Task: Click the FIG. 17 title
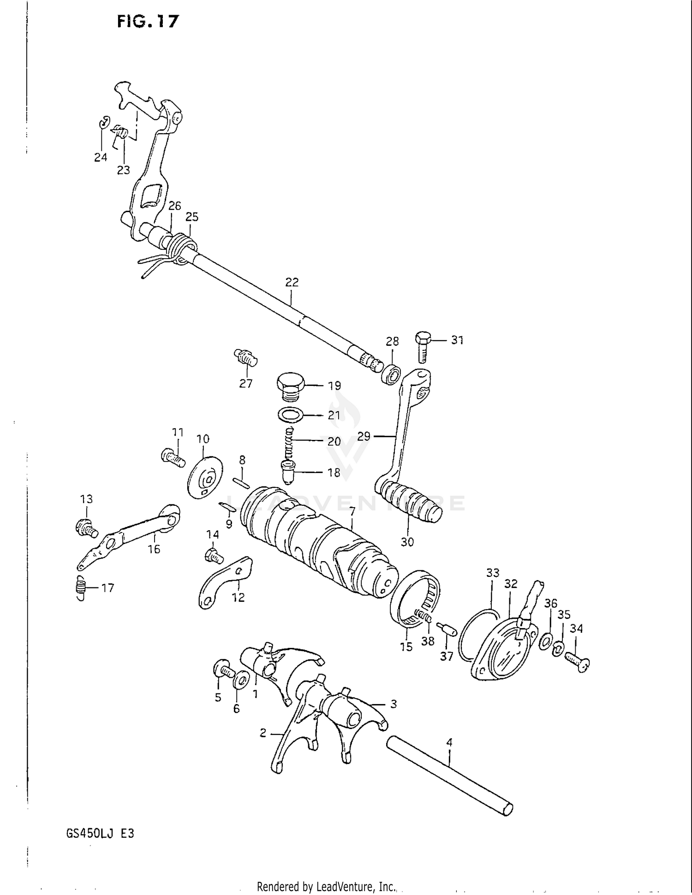[x=147, y=21]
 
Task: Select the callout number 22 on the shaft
[x=292, y=282]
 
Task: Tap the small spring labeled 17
[x=81, y=588]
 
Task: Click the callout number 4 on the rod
[x=449, y=742]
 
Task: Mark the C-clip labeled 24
[x=104, y=123]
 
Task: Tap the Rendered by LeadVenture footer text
[x=326, y=886]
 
